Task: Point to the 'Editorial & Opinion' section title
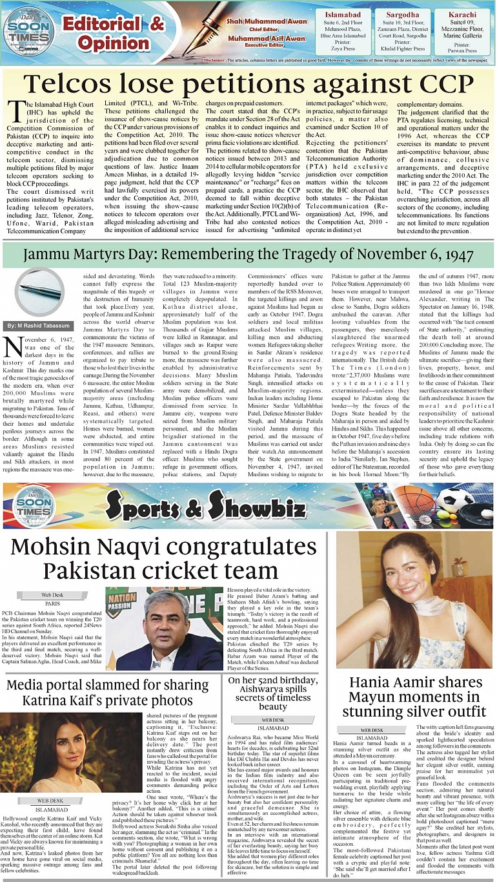[x=113, y=32]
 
